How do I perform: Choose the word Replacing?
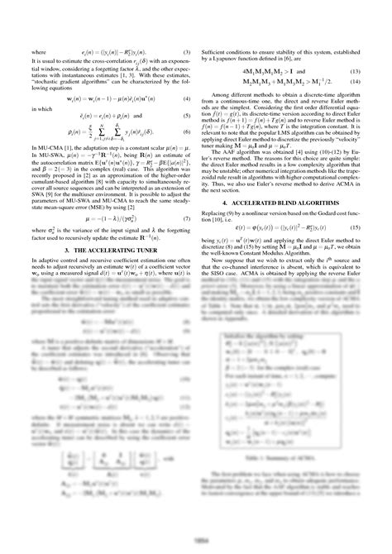(216, 214)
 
